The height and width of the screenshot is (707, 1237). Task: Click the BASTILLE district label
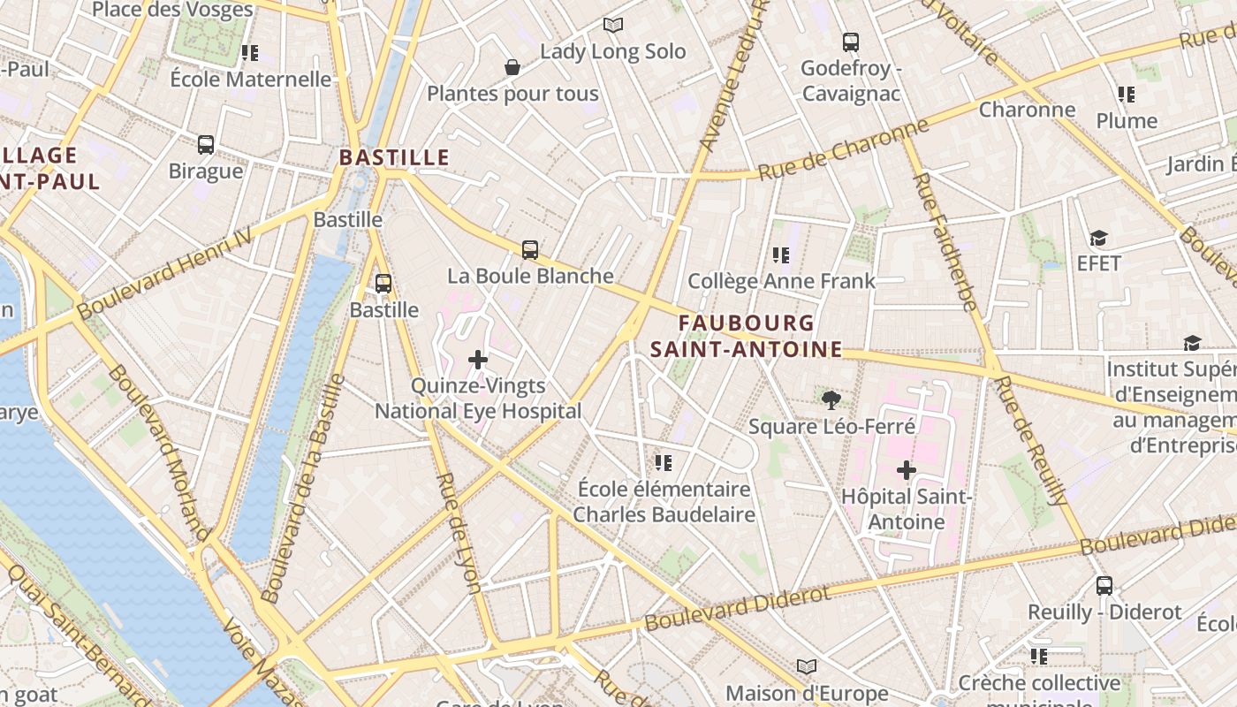click(395, 158)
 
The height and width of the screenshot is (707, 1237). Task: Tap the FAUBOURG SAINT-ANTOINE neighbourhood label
click(747, 337)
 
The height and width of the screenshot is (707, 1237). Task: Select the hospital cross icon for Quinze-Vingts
click(478, 360)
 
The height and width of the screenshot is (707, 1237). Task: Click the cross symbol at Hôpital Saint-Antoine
click(907, 470)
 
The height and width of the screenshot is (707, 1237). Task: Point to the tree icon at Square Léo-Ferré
click(831, 400)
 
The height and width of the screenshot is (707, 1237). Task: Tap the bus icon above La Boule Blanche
click(530, 250)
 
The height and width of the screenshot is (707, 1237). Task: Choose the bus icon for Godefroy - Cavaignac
click(851, 42)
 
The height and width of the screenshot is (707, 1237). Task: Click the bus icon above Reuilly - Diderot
click(1104, 585)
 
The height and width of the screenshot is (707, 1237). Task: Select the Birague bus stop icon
click(206, 145)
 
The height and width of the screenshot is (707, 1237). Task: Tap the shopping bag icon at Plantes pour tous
click(512, 67)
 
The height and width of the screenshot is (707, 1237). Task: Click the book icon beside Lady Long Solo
click(613, 26)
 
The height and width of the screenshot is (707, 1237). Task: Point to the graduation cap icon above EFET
click(1098, 238)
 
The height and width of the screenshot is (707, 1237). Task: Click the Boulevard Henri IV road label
click(164, 272)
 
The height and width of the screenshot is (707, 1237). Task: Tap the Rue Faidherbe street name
click(945, 241)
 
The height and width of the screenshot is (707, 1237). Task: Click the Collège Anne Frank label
click(781, 281)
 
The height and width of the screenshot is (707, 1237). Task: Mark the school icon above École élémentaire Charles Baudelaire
click(664, 463)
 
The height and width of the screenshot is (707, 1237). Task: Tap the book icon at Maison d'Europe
click(806, 666)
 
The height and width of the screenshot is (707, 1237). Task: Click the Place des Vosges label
click(172, 11)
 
